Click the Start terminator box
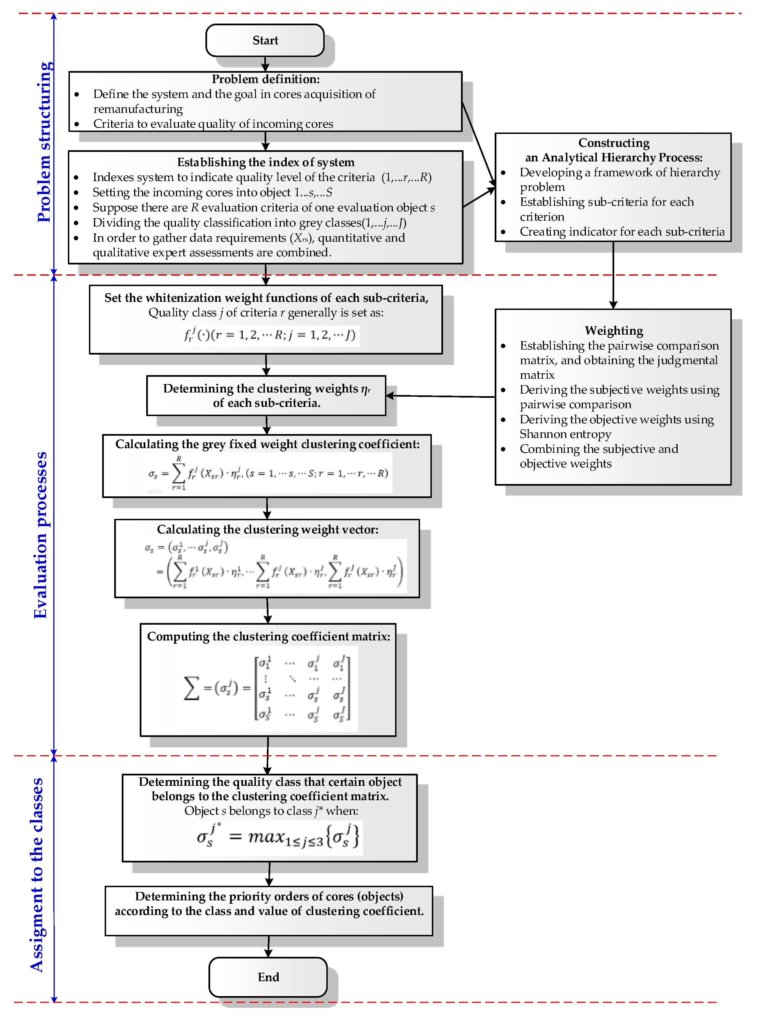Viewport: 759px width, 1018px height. pyautogui.click(x=265, y=40)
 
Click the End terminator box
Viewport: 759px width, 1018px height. pyautogui.click(x=268, y=977)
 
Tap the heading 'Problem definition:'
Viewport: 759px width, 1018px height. pyautogui.click(x=265, y=79)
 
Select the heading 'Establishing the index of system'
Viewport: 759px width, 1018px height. pyautogui.click(x=265, y=162)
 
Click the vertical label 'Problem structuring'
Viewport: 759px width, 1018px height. pyautogui.click(x=45, y=142)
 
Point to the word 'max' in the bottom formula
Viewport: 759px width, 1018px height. pyautogui.click(x=267, y=836)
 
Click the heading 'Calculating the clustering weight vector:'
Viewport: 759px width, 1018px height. pyautogui.click(x=267, y=529)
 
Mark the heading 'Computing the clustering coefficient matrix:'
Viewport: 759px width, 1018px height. pyautogui.click(x=268, y=636)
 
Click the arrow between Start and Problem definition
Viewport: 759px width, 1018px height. pyautogui.click(x=265, y=64)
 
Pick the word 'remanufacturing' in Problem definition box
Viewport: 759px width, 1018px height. pyautogui.click(x=138, y=109)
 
